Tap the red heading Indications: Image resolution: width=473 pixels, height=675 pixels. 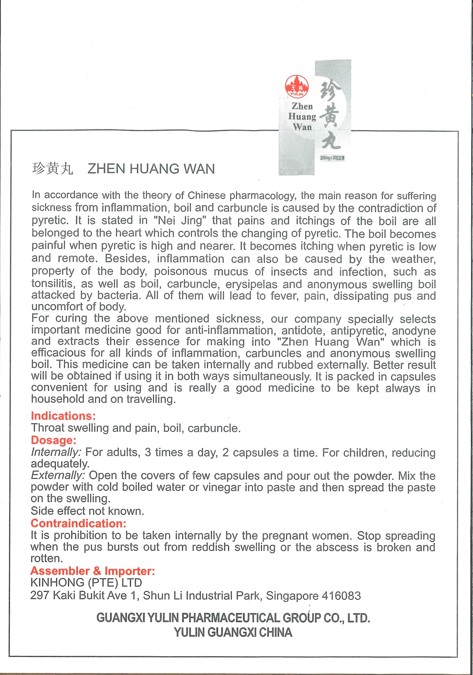(x=63, y=416)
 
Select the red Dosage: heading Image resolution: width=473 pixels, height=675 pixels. (x=53, y=440)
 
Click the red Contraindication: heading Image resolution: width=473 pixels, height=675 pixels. (x=78, y=523)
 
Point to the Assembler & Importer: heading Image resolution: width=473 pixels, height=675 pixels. (x=92, y=571)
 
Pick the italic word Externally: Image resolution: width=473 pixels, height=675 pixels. (x=58, y=475)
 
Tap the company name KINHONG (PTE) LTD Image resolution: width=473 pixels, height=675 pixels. (x=86, y=583)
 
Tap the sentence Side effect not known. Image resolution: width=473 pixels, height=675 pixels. (x=87, y=511)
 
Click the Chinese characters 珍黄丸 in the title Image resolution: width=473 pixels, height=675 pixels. (x=53, y=169)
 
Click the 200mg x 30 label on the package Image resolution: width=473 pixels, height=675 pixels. (x=332, y=158)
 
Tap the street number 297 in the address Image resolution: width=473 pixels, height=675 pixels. (x=40, y=596)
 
